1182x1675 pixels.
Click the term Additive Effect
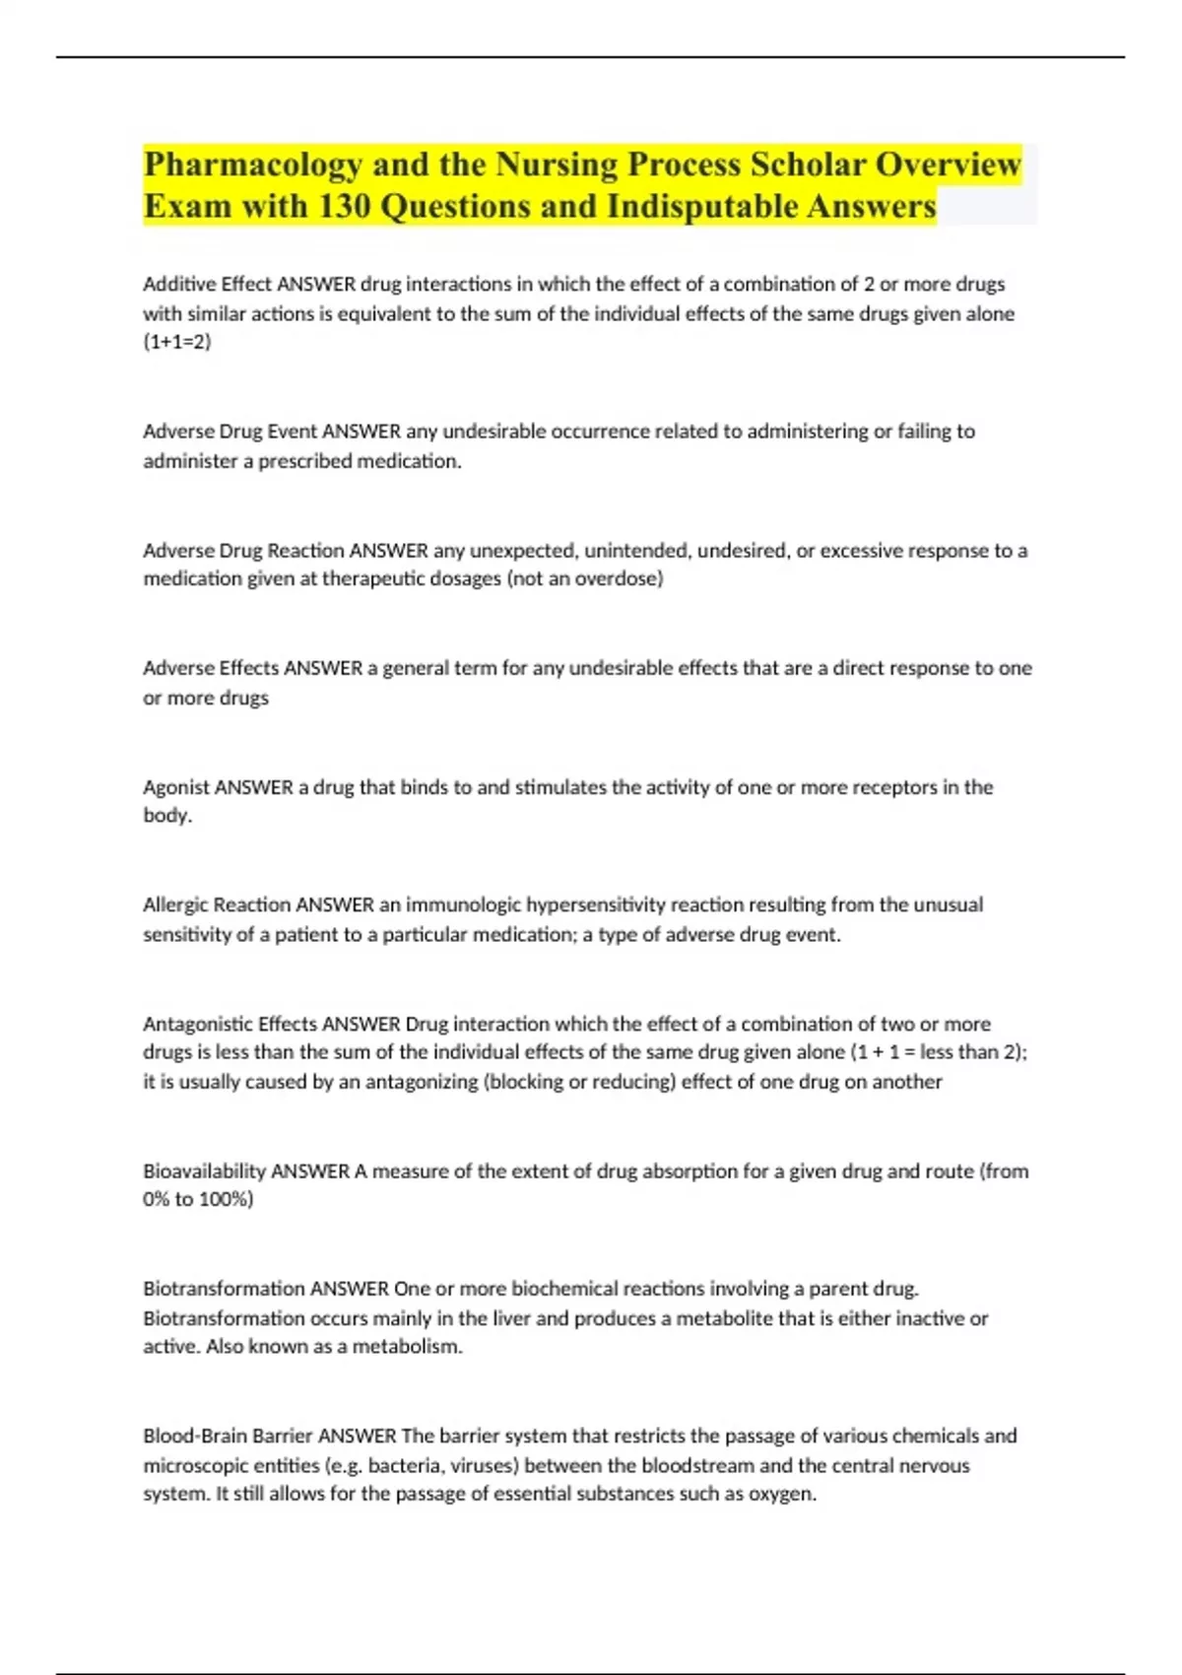click(207, 285)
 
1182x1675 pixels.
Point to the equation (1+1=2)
click(177, 342)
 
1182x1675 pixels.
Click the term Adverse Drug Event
click(230, 432)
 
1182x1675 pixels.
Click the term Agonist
click(176, 787)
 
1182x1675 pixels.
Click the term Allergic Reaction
click(217, 904)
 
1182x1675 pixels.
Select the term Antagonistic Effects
click(230, 1024)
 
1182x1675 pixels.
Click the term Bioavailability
click(204, 1172)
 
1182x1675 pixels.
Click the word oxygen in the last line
click(783, 1494)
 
